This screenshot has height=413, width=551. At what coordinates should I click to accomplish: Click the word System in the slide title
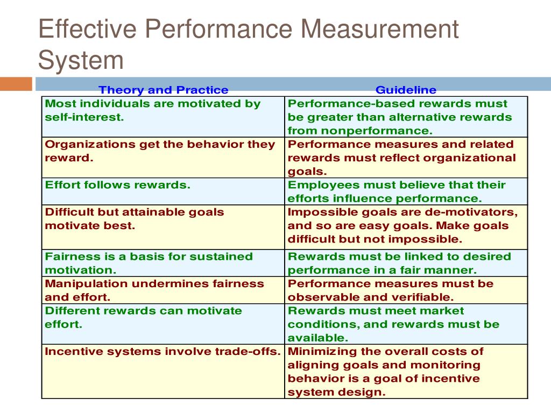coord(81,60)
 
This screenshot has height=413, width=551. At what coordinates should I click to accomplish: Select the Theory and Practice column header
coord(164,90)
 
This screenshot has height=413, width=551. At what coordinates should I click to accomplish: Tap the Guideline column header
coord(406,90)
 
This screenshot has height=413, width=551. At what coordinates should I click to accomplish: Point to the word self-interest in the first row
coord(84,117)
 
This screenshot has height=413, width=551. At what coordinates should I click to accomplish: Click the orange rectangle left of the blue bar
coord(16,84)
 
